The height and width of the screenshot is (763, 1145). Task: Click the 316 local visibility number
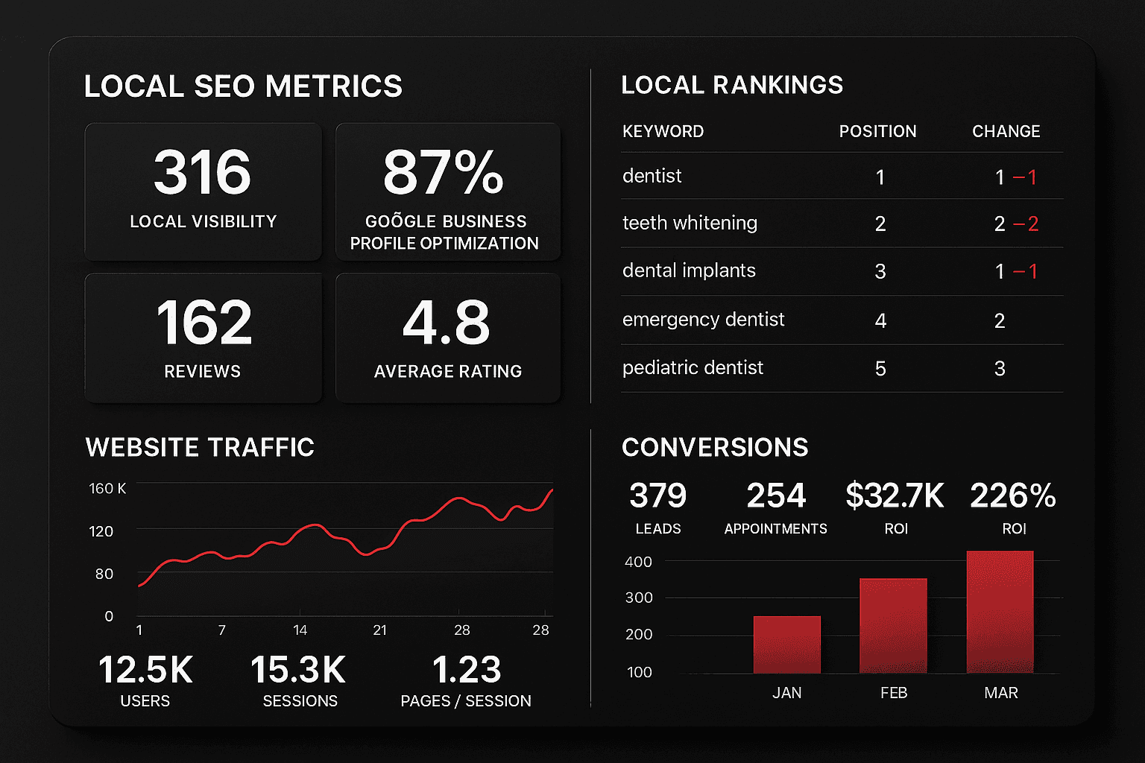pyautogui.click(x=202, y=172)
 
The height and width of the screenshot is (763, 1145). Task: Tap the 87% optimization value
pyautogui.click(x=444, y=172)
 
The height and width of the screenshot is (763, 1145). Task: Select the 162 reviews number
pyautogui.click(x=204, y=323)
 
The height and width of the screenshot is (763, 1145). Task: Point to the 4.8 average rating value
pyautogui.click(x=447, y=323)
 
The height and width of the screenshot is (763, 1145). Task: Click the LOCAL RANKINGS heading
pyautogui.click(x=731, y=86)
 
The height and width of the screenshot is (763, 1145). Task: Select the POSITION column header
pyautogui.click(x=877, y=131)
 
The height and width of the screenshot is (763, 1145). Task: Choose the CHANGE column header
pyautogui.click(x=1006, y=131)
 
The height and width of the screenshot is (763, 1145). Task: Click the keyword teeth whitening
pyautogui.click(x=690, y=223)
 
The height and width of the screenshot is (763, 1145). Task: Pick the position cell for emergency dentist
pyautogui.click(x=880, y=320)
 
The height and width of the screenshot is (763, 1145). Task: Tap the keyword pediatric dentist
pyautogui.click(x=693, y=368)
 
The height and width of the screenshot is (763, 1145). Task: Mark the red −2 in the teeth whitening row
pyautogui.click(x=1026, y=224)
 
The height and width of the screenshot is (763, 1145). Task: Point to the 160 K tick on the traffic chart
pyautogui.click(x=107, y=489)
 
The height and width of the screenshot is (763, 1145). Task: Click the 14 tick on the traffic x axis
pyautogui.click(x=300, y=630)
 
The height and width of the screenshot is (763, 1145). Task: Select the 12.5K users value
pyautogui.click(x=145, y=670)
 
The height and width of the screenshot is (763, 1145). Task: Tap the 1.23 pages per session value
pyautogui.click(x=467, y=670)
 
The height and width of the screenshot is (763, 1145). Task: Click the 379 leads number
pyautogui.click(x=657, y=496)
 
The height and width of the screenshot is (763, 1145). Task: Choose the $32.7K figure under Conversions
pyautogui.click(x=895, y=496)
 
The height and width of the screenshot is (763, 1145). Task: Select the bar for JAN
pyautogui.click(x=786, y=645)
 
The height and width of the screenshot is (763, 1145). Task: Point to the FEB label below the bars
pyautogui.click(x=893, y=693)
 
